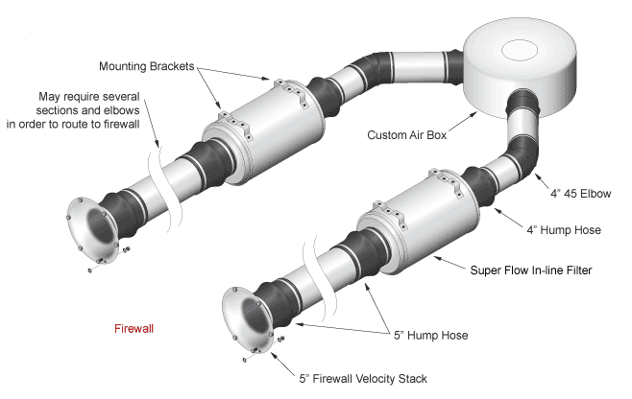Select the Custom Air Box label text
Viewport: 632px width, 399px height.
click(407, 135)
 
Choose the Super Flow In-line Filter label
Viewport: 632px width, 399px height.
click(545, 270)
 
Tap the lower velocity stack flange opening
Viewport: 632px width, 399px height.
click(246, 320)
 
